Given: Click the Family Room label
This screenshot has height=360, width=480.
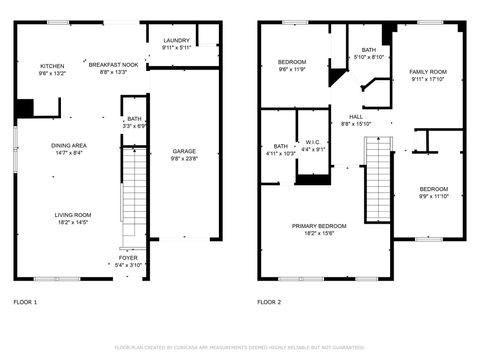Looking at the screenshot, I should coord(428,72).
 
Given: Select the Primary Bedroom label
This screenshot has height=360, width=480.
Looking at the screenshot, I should coord(320,226).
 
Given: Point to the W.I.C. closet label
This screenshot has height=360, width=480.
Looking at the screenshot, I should coord(312,141).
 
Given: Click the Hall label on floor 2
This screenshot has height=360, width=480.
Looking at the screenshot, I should coord(356,117).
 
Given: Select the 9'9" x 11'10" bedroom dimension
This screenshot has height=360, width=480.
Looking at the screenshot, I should coord(433,196).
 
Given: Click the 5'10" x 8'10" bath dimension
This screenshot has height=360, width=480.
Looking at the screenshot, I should coord(369,57).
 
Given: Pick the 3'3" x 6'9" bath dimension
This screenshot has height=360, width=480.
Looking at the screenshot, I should coord(134,126).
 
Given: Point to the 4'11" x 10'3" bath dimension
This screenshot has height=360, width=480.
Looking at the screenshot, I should coord(280,153).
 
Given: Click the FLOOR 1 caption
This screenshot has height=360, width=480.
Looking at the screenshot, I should coord(25,301).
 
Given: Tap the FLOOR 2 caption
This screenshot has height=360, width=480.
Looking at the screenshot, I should coord(269,301).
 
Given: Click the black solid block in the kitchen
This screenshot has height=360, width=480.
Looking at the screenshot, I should coord(27,107).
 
